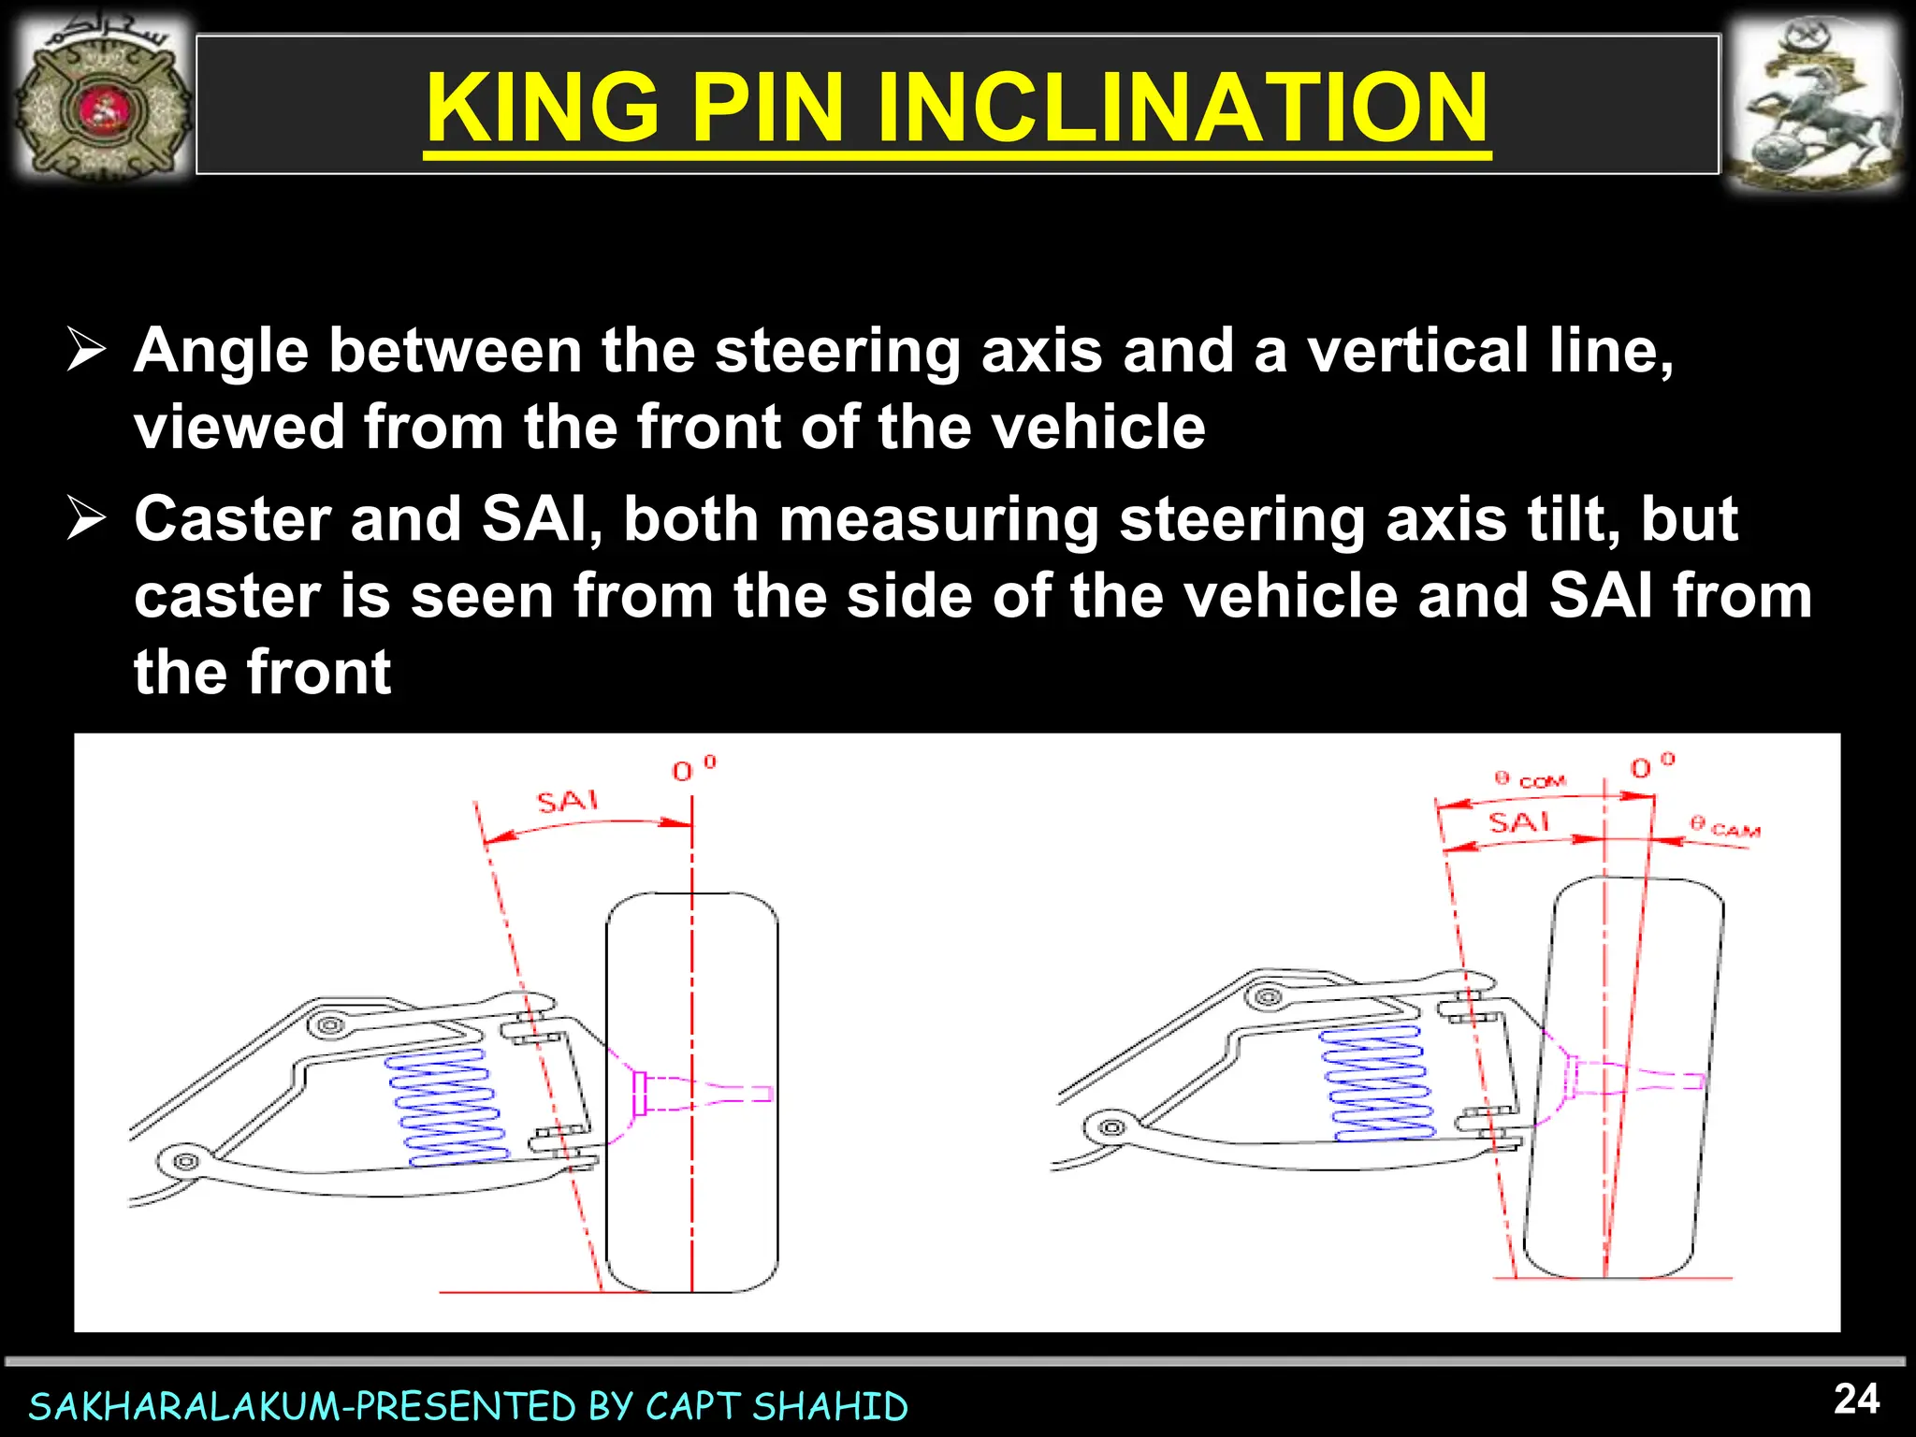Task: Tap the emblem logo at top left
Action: pos(103,105)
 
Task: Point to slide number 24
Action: pos(1856,1399)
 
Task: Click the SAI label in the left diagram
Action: pos(567,802)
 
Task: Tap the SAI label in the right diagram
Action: pos(1518,822)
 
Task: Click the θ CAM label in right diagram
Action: pos(1726,827)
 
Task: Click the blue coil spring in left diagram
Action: pos(447,1107)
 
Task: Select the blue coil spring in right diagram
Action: pos(1375,1082)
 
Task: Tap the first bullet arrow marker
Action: pos(86,352)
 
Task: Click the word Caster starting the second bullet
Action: pos(233,519)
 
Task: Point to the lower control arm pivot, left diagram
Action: pos(185,1162)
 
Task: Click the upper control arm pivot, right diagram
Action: pos(1268,997)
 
